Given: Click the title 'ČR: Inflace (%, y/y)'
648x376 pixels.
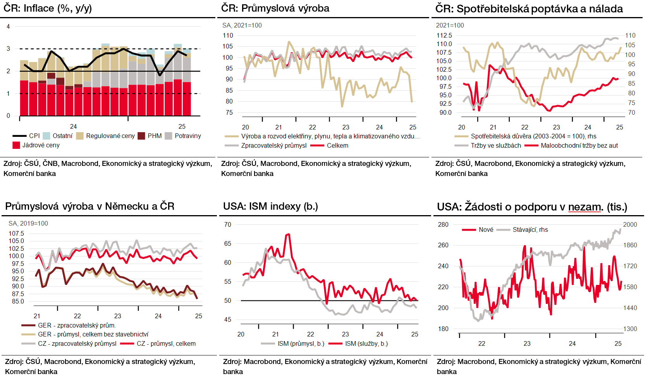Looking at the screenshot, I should coord(48,8).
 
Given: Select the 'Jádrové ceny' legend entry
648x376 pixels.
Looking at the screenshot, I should coord(41,145).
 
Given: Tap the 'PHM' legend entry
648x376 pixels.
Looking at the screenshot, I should coord(155,136).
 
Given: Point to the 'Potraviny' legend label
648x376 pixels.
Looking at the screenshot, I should coord(188,136).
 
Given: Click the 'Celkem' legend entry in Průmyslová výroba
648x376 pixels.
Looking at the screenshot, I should coord(337,146).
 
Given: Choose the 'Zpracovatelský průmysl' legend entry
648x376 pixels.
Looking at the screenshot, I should coord(273,146).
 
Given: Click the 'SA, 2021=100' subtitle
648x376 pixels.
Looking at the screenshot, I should coord(242,26).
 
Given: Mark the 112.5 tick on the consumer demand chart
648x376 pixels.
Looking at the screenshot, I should coord(444,36).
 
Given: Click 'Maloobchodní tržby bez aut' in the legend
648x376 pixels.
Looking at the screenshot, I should coord(579,146).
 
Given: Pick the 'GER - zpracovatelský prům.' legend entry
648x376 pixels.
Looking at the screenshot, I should coord(77,326).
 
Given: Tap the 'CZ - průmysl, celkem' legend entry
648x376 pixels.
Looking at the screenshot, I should coord(166,344).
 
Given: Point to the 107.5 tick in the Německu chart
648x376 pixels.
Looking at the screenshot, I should coord(16,234).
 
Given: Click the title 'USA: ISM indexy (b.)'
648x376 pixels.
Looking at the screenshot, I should coord(270,206).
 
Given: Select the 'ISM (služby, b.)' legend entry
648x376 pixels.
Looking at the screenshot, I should coord(366,344).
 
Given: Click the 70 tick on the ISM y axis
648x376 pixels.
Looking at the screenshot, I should coord(228,225).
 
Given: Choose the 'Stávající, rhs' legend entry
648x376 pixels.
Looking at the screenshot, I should coord(530,230).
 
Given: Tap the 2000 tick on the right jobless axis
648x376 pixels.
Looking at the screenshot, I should coord(630,225).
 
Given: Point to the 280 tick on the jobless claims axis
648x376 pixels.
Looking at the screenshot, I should coord(443,225).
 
